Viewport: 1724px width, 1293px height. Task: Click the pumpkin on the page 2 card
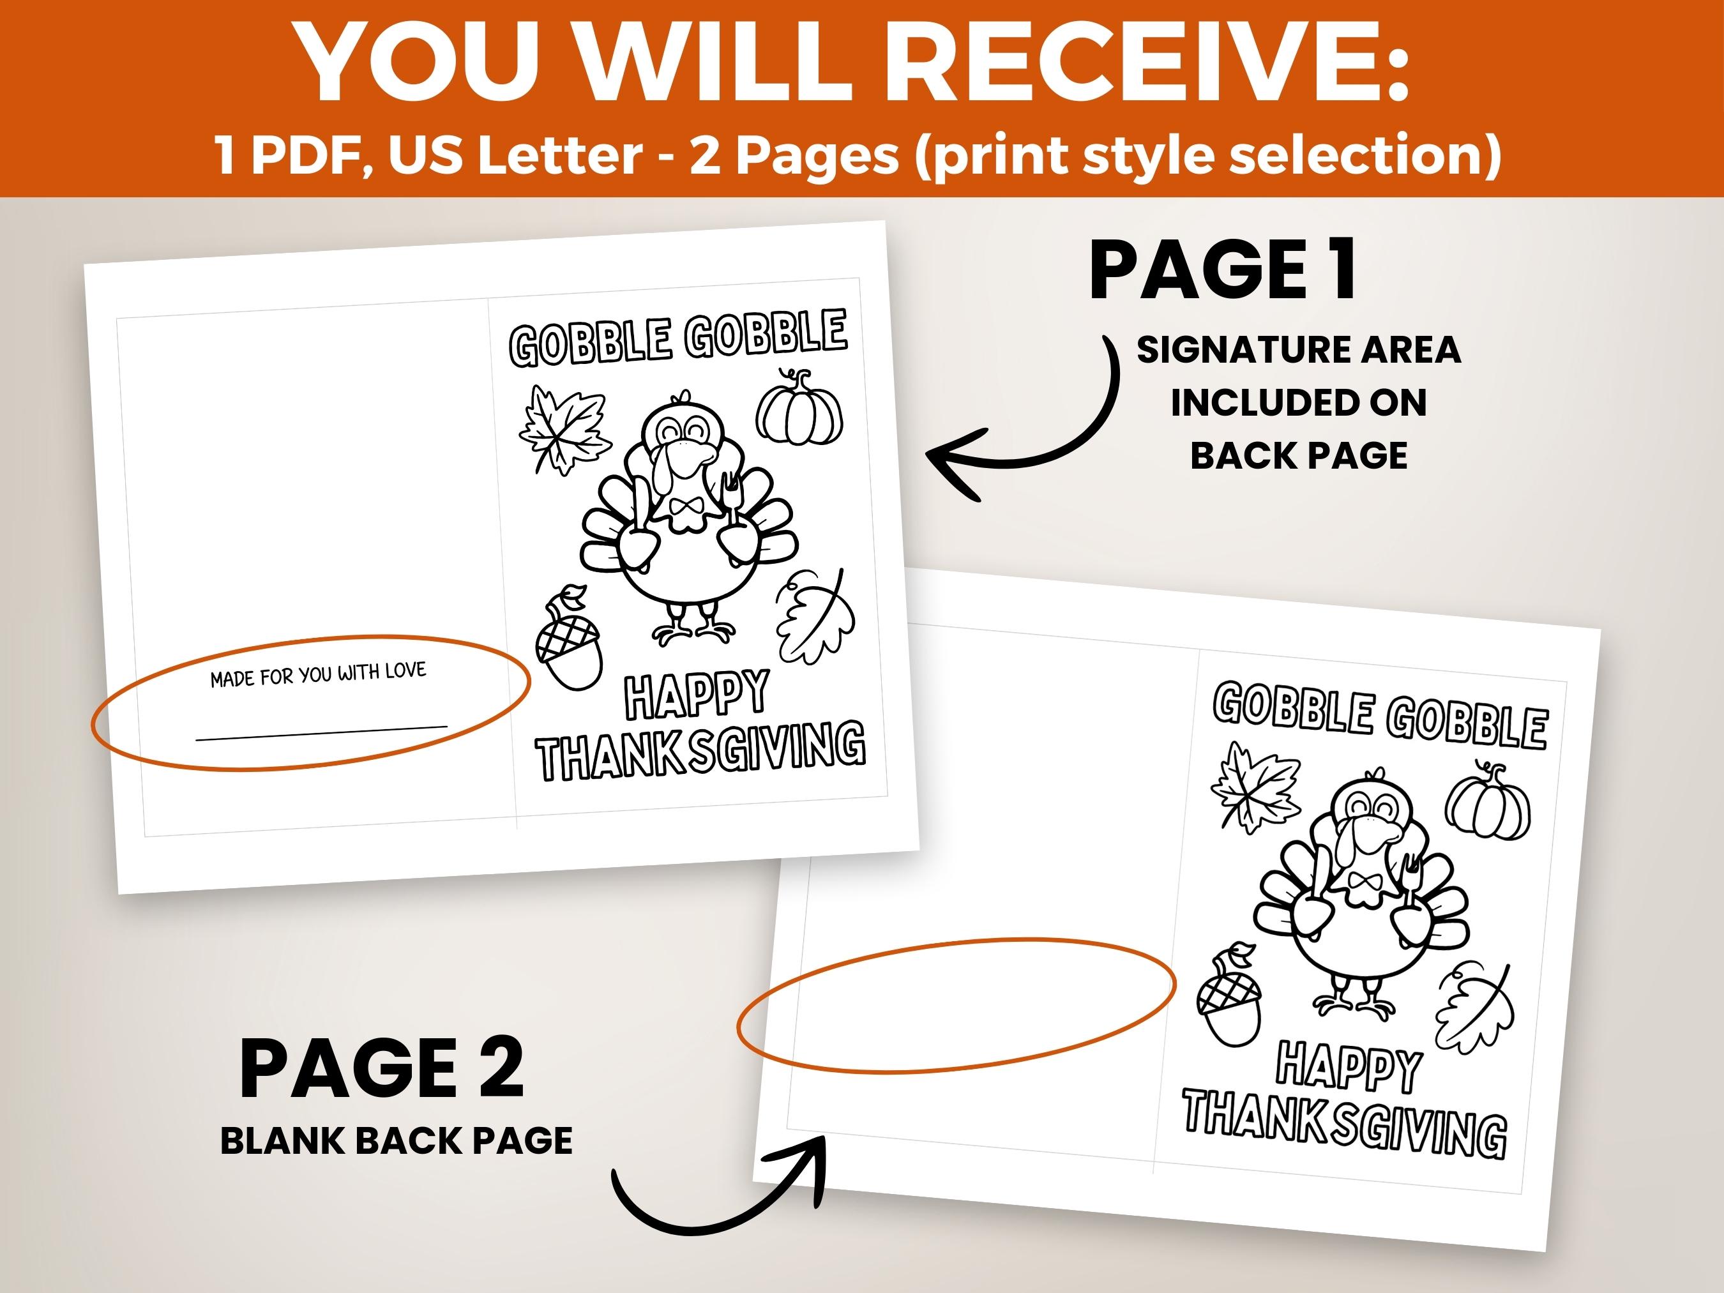[1488, 805]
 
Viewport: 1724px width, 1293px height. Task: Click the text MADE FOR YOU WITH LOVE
[318, 675]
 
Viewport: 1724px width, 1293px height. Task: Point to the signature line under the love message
[321, 732]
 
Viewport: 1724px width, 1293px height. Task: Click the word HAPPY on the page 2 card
[1349, 1066]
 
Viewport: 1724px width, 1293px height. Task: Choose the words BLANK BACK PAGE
[396, 1141]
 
